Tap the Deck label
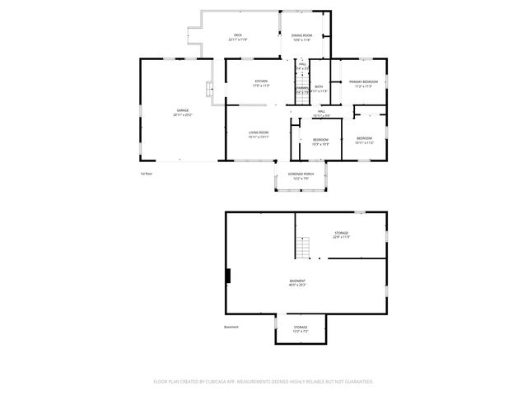coord(237,37)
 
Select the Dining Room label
coord(302,37)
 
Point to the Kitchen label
coord(260,82)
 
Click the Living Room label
coord(259,134)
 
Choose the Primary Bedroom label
coord(363,83)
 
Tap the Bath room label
coord(319,87)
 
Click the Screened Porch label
coord(300,176)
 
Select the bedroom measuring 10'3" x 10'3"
coord(320,142)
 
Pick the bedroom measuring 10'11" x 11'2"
coord(364,140)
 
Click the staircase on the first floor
coord(301,93)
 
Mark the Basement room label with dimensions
coord(297,283)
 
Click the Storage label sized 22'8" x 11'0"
coord(341,235)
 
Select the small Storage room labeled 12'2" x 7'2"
coord(301,329)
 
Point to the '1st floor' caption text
coord(147,174)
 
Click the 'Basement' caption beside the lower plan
coord(231,327)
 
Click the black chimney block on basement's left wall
coord(229,277)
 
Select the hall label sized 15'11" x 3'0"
coord(321,114)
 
